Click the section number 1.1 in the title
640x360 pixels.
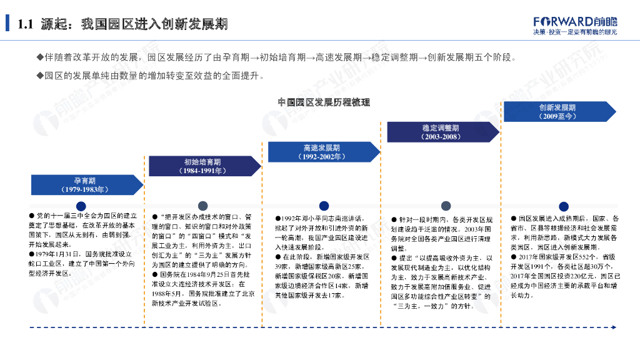pos(25,24)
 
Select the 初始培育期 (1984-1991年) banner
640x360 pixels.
pos(202,166)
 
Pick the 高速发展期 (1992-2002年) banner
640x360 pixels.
pos(322,152)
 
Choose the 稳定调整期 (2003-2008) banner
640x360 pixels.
pos(441,132)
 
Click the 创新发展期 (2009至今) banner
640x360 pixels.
pos(559,112)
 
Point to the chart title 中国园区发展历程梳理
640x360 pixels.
pos(324,102)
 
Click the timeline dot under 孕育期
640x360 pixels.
pos(81,206)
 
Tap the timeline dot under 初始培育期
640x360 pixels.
pos(202,206)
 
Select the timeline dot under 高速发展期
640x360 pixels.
pos(323,206)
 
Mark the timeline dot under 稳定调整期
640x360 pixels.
pos(445,206)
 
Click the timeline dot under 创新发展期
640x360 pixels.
pos(563,206)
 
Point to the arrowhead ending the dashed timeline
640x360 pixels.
pos(614,327)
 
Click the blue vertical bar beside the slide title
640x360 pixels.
pos(7,24)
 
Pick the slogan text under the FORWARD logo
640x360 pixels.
pos(574,32)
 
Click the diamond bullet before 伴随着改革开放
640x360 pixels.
pos(40,57)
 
